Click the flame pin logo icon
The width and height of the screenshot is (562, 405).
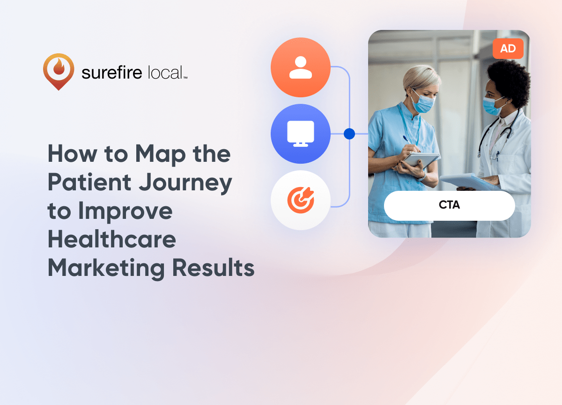pos(59,72)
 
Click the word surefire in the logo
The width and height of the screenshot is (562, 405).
pos(112,72)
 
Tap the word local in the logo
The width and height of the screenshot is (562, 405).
pos(165,72)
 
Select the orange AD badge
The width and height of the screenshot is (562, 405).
pos(508,49)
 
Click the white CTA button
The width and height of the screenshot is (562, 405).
pos(449,205)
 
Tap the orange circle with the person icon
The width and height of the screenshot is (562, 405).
pos(301,67)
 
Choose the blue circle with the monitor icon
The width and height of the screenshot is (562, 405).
pos(301,134)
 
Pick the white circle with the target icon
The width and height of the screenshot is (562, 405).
pos(301,200)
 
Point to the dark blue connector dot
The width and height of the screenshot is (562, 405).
pos(349,134)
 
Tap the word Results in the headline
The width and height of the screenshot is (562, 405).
pos(214,268)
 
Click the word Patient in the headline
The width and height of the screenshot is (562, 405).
pos(89,182)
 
